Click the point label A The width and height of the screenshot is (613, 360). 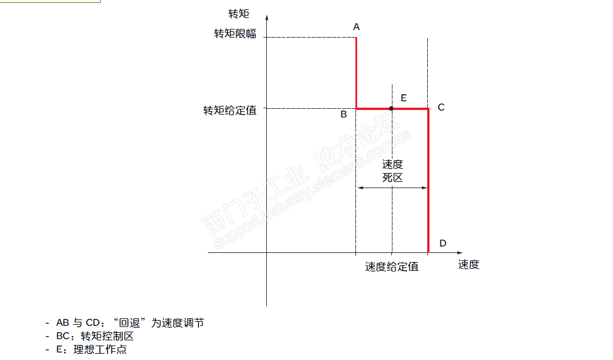[357, 27]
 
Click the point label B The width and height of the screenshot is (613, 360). [344, 115]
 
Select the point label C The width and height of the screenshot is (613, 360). [441, 107]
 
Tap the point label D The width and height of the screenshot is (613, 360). [443, 243]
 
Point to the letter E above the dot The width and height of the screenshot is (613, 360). [403, 98]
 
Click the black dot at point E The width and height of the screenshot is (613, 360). [392, 108]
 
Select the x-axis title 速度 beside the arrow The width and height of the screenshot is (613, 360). [469, 265]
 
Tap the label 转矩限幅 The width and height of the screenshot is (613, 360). [235, 34]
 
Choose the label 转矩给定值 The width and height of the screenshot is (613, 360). [229, 110]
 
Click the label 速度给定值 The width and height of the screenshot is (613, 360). [392, 267]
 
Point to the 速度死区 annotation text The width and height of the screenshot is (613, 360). [392, 171]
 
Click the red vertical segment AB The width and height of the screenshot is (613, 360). [356, 72]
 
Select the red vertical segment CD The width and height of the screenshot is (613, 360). [428, 179]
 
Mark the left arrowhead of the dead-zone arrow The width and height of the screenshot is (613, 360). [359, 188]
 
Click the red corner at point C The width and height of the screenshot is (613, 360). [428, 109]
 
